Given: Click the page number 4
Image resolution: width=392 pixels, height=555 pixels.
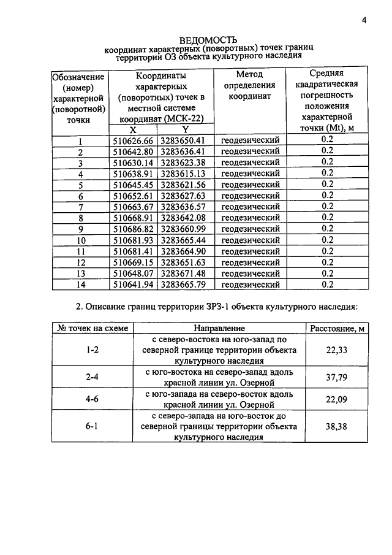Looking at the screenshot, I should click(x=364, y=20).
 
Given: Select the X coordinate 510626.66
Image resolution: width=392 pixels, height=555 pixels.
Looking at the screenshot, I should click(x=133, y=140).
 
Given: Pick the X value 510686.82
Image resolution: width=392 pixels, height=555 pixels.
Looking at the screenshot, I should click(x=133, y=229).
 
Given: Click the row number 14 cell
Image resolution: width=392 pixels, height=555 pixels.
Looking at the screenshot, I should click(x=80, y=284).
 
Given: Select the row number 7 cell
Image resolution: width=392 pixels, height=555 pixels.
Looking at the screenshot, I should click(x=80, y=207).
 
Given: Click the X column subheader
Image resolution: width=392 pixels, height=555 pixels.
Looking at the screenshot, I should click(x=133, y=129).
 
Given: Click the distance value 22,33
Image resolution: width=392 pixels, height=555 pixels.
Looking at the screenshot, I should click(x=337, y=350).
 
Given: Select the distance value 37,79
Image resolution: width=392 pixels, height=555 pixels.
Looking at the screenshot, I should click(x=337, y=378).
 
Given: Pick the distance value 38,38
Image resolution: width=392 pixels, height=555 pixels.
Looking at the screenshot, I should click(x=337, y=427).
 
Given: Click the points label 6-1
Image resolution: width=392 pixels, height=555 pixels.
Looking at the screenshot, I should click(x=92, y=427).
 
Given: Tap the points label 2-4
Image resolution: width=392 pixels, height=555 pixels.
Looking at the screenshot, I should click(x=92, y=378).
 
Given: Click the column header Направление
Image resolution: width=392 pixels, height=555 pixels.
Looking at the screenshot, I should click(x=219, y=329).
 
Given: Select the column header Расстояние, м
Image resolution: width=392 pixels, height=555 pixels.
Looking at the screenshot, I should click(x=337, y=329).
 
